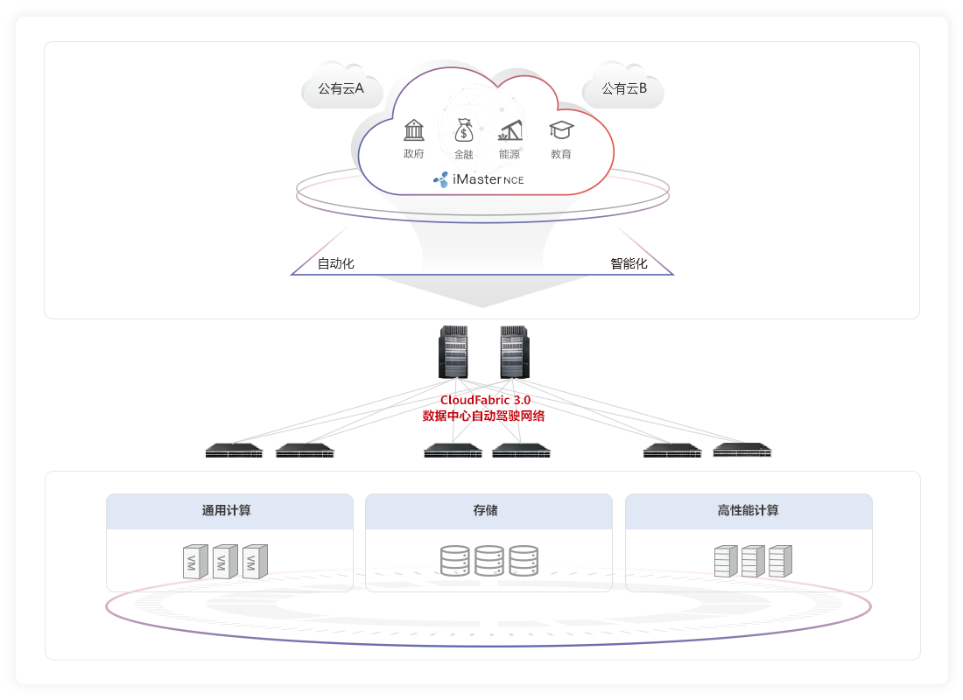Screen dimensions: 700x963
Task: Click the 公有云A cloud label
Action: pyautogui.click(x=341, y=88)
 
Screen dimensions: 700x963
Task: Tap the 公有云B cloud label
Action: pyautogui.click(x=624, y=88)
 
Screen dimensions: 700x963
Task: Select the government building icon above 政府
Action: pyautogui.click(x=414, y=130)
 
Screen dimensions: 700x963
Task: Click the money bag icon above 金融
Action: pyautogui.click(x=464, y=130)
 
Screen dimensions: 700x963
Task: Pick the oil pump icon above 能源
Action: pyautogui.click(x=510, y=130)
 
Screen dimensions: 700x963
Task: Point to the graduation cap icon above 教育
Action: pyautogui.click(x=561, y=130)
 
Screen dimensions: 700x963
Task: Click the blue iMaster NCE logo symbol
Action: pyautogui.click(x=441, y=179)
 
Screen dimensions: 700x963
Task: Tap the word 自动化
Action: pyautogui.click(x=336, y=263)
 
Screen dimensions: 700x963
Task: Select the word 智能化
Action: pyautogui.click(x=629, y=263)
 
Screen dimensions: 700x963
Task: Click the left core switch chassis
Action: pyautogui.click(x=453, y=352)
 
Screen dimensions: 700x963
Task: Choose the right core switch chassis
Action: pyautogui.click(x=515, y=352)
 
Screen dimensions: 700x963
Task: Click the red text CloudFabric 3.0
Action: pyautogui.click(x=485, y=400)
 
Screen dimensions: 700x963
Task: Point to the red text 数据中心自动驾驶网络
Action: pyautogui.click(x=483, y=416)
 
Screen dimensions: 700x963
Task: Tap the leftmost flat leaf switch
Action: pyautogui.click(x=234, y=451)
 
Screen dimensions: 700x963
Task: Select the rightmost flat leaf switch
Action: pyautogui.click(x=742, y=451)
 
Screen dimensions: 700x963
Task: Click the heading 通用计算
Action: pyautogui.click(x=227, y=510)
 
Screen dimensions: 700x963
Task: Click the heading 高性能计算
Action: pyautogui.click(x=748, y=510)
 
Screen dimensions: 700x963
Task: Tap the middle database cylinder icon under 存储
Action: pyautogui.click(x=489, y=560)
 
